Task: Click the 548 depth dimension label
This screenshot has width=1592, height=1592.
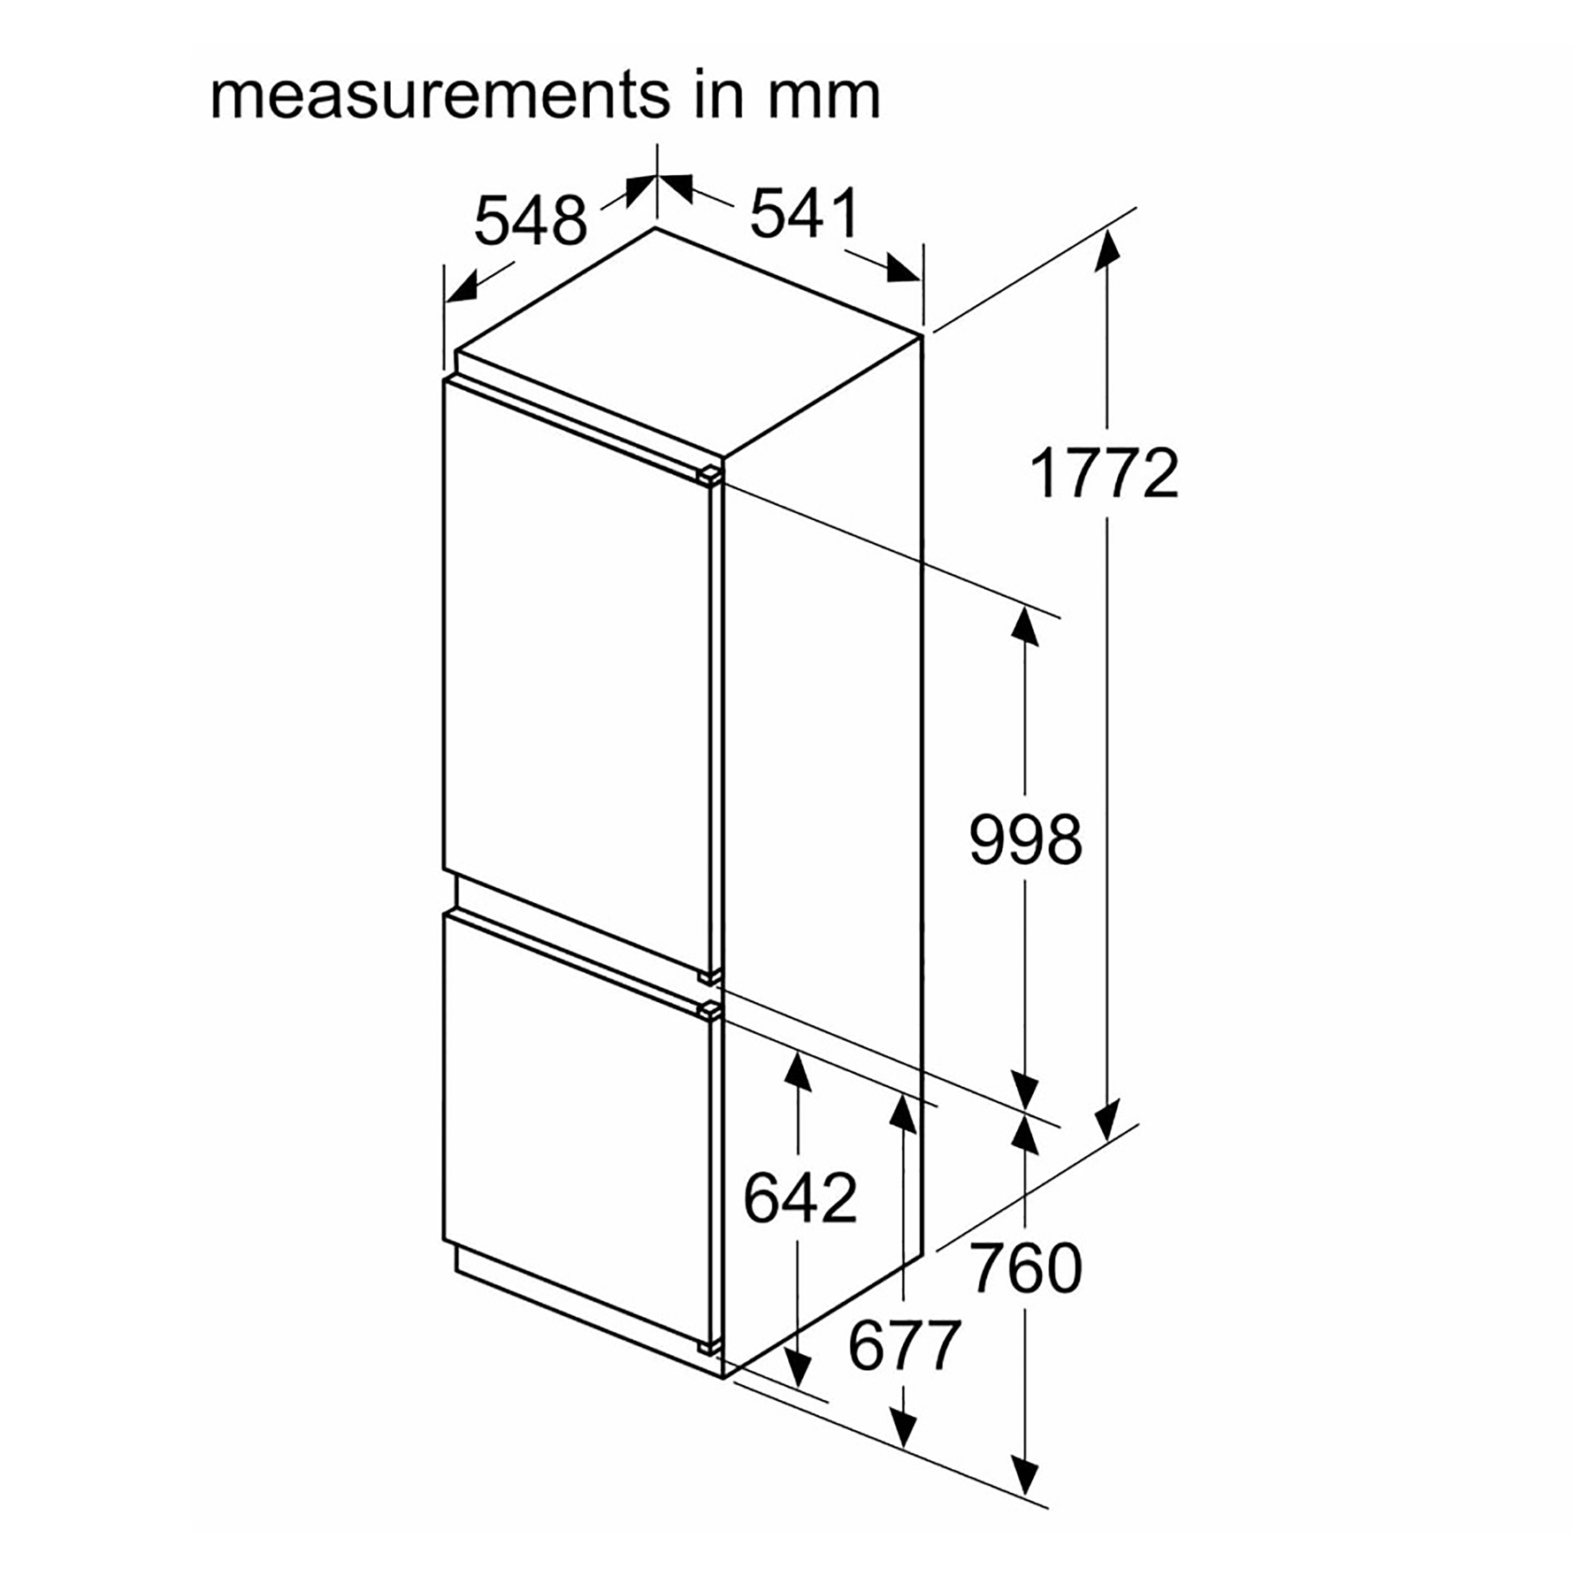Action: (x=531, y=220)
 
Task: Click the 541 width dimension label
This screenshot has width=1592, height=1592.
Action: (x=804, y=212)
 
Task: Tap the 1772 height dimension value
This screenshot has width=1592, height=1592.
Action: (x=1105, y=474)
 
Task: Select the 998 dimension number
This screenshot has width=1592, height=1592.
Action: (x=1025, y=839)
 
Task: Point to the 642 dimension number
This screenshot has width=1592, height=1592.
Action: (x=800, y=1198)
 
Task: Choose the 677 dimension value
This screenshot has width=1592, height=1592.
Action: (x=904, y=1345)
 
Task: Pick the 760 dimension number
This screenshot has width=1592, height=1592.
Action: (x=1026, y=1268)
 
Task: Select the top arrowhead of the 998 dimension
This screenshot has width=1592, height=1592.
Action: (x=1025, y=628)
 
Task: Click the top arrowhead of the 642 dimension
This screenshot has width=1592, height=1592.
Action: (x=798, y=1073)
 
